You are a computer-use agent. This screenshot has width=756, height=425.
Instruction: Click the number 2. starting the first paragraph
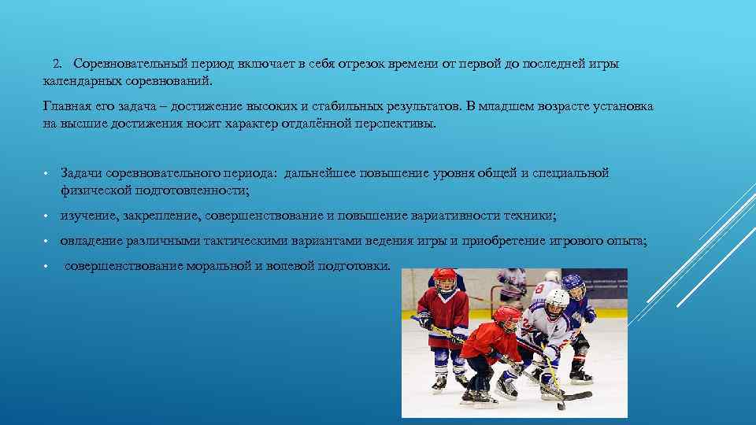point(57,64)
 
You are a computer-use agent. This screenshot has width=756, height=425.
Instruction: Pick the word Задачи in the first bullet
point(80,173)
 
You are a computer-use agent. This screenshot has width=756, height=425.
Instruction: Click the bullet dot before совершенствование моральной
point(47,266)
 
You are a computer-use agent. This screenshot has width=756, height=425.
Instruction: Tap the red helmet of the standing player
point(444,278)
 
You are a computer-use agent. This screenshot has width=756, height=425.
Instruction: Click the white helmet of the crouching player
point(556,299)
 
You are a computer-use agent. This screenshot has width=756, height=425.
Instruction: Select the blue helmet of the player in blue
point(573,283)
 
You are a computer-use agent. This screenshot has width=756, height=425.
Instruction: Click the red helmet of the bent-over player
point(506,316)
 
